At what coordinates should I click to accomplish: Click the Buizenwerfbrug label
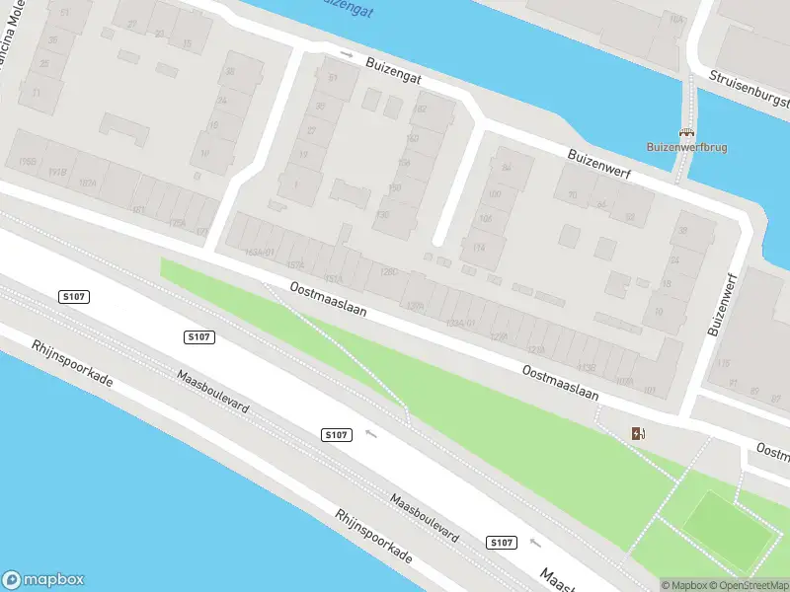686,147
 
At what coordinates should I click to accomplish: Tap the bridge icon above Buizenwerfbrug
686,132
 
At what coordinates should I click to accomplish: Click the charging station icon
639,433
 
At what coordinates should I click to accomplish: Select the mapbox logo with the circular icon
42,580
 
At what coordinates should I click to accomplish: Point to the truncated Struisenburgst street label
750,89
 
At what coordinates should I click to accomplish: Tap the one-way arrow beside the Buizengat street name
346,53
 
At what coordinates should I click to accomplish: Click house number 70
573,195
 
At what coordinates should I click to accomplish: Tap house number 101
649,390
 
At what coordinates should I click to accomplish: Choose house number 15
187,43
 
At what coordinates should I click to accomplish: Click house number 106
485,218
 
